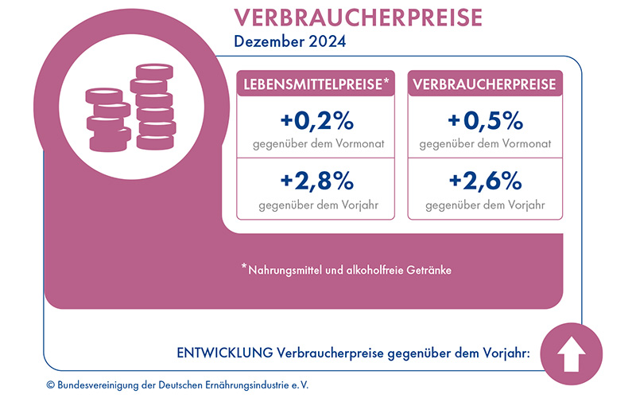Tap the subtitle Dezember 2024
point(290,42)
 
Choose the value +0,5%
point(485,122)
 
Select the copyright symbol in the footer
point(51,384)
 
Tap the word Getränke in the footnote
point(429,271)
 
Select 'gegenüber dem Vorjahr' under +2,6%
point(485,205)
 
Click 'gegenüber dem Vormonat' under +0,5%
point(485,144)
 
